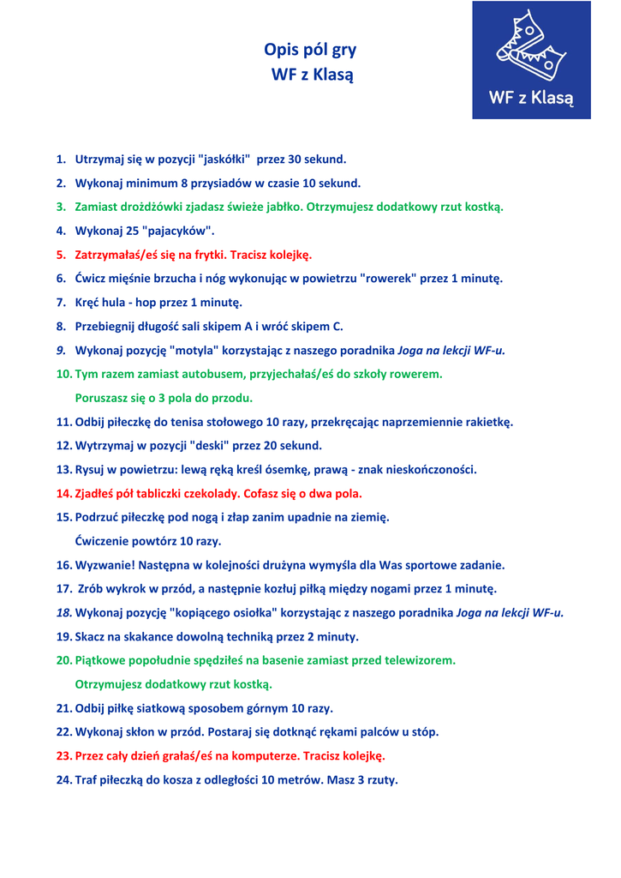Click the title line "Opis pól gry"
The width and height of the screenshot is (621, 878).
310,50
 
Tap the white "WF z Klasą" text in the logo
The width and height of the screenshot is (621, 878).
530,97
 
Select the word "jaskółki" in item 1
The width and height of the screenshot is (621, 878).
224,159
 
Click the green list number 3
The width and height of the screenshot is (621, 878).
61,207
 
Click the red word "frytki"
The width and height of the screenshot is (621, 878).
205,255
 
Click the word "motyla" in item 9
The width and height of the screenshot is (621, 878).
197,351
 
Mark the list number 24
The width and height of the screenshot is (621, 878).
63,780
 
